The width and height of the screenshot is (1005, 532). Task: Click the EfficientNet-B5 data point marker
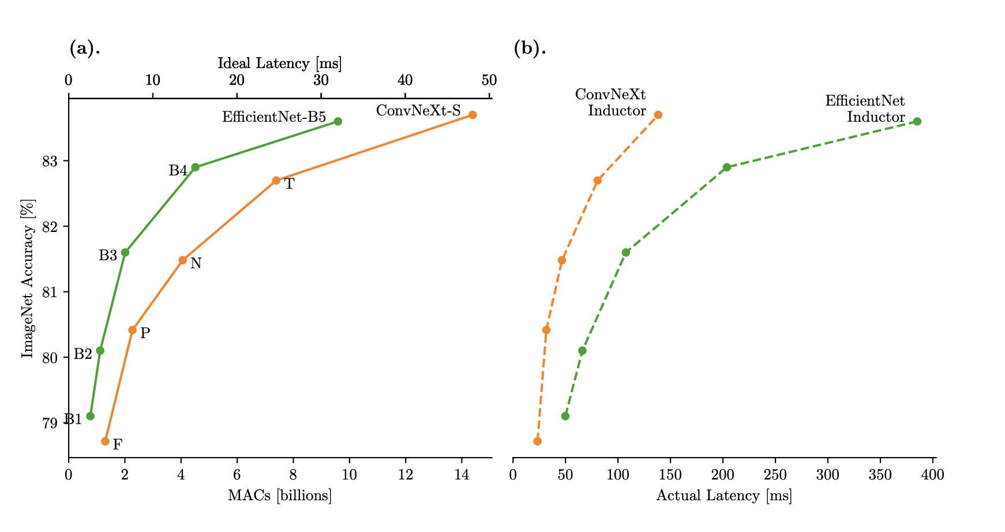[338, 121]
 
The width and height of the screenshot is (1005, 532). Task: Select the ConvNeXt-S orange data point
[472, 115]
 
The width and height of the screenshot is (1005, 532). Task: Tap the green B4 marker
[195, 167]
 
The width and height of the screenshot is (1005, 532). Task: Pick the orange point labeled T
[276, 181]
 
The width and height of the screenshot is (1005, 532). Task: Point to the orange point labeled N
[183, 260]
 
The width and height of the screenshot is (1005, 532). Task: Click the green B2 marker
[100, 350]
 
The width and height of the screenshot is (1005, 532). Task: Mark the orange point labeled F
[105, 441]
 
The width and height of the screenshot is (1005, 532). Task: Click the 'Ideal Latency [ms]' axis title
[279, 63]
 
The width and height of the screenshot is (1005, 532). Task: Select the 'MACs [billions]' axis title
[280, 496]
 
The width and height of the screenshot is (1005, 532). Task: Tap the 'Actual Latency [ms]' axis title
[724, 496]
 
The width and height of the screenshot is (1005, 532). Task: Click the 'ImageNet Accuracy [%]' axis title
[27, 278]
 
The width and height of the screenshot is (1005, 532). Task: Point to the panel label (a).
[85, 48]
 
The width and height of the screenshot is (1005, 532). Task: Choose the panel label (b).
[530, 48]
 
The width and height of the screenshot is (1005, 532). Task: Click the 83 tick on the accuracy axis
[50, 161]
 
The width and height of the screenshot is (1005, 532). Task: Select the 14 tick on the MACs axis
[461, 475]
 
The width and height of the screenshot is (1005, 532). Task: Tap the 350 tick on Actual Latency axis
[880, 475]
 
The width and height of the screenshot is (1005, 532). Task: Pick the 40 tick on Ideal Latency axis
[405, 80]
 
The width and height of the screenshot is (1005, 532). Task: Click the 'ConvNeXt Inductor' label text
[613, 103]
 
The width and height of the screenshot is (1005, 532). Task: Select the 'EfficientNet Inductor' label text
[867, 109]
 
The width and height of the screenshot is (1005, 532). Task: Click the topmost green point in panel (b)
[917, 121]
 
